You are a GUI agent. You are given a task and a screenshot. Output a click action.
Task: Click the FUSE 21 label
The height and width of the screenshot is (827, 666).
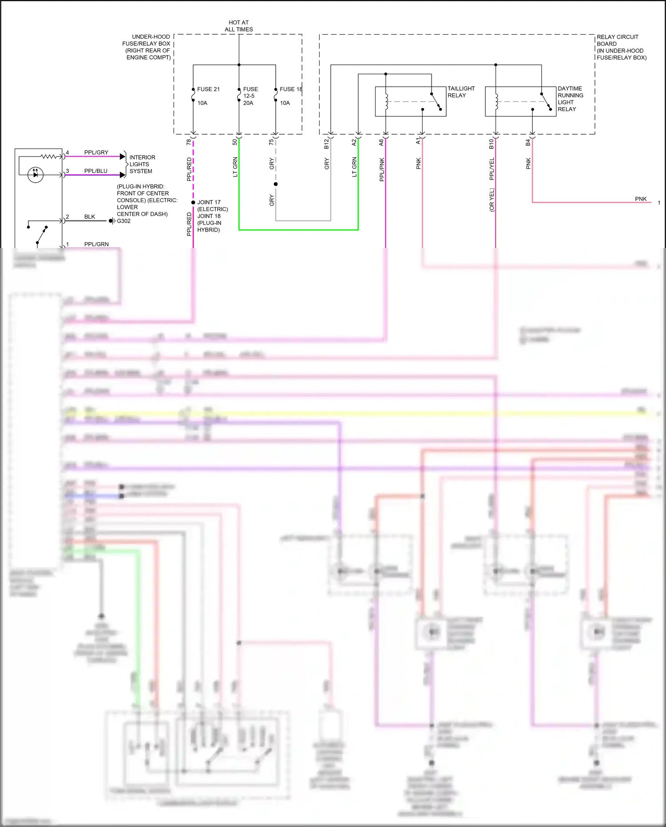pyautogui.click(x=208, y=89)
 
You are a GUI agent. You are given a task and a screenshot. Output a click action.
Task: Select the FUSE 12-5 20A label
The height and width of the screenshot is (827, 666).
pyautogui.click(x=250, y=96)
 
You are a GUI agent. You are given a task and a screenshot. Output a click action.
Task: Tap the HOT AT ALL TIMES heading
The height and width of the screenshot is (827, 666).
pyautogui.click(x=239, y=26)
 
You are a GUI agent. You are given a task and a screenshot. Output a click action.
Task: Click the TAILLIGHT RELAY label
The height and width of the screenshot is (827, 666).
pyautogui.click(x=461, y=92)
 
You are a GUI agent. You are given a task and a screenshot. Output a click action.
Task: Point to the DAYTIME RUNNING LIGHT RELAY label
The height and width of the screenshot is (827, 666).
pyautogui.click(x=570, y=99)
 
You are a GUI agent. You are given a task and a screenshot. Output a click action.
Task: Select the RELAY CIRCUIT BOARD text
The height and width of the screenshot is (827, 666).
pyautogui.click(x=617, y=40)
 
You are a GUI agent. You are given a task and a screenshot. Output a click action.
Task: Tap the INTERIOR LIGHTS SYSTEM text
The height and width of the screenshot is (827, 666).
pyautogui.click(x=142, y=164)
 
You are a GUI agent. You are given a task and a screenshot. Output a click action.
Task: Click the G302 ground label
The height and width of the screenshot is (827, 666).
pyautogui.click(x=123, y=221)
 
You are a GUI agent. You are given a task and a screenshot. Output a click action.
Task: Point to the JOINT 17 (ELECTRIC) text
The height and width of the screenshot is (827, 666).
pyautogui.click(x=212, y=206)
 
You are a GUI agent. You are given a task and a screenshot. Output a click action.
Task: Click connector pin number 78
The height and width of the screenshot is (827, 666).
pyautogui.click(x=189, y=142)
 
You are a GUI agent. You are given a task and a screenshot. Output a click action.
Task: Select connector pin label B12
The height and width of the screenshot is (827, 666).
pyautogui.click(x=326, y=144)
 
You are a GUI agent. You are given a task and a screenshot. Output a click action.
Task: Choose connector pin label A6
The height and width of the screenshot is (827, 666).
pyautogui.click(x=381, y=142)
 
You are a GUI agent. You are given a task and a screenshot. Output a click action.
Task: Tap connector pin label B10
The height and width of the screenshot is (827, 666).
pyautogui.click(x=491, y=144)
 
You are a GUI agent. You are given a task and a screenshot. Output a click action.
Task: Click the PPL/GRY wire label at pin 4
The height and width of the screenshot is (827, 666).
pyautogui.click(x=96, y=152)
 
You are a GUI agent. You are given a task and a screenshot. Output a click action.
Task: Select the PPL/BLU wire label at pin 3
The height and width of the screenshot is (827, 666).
pyautogui.click(x=95, y=171)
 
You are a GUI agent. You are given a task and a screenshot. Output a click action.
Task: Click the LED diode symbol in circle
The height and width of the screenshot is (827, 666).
pyautogui.click(x=36, y=175)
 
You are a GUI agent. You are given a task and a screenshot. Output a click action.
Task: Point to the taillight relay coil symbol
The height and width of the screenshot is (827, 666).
pyautogui.click(x=386, y=101)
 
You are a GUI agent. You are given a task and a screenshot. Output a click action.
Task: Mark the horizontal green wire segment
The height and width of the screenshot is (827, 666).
pyautogui.click(x=298, y=230)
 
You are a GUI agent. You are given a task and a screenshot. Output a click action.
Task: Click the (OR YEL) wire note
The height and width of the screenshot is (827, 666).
pyautogui.click(x=492, y=200)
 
